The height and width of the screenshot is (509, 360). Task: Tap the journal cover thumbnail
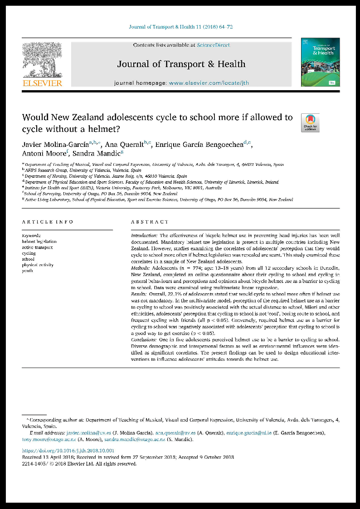tap(317, 62)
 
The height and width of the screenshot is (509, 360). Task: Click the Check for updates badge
tap(310, 123)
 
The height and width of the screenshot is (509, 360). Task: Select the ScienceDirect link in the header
tap(213, 45)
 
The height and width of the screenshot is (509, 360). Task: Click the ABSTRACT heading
tap(150, 222)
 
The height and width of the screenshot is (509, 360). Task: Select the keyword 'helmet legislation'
tap(39, 242)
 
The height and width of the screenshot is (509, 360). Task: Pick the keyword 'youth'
tap(28, 271)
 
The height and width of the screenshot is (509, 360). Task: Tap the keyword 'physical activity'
tap(38, 265)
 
